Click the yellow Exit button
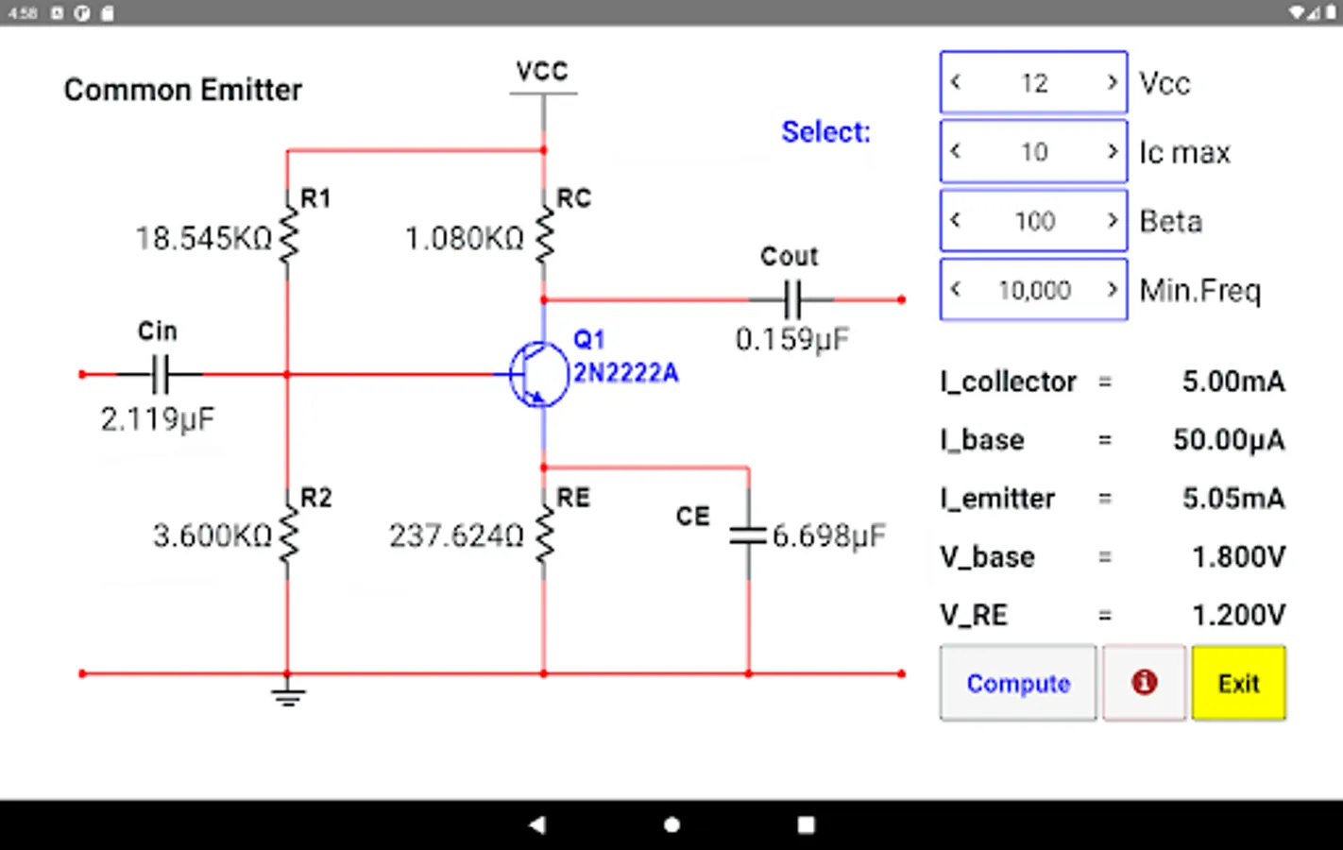click(1238, 683)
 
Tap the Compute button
click(1018, 683)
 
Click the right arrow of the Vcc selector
click(1113, 82)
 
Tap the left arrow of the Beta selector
click(956, 220)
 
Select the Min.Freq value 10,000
click(1034, 290)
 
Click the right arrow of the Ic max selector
click(1113, 151)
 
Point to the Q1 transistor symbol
click(537, 374)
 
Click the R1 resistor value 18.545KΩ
click(203, 238)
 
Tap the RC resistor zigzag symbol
click(544, 236)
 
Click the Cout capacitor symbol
click(791, 299)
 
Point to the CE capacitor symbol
click(748, 535)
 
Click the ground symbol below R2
click(288, 698)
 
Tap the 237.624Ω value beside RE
click(456, 536)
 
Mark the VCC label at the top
click(542, 72)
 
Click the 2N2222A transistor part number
click(625, 373)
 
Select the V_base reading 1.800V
click(1237, 557)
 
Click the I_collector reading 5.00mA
click(1232, 382)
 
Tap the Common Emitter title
click(183, 90)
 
